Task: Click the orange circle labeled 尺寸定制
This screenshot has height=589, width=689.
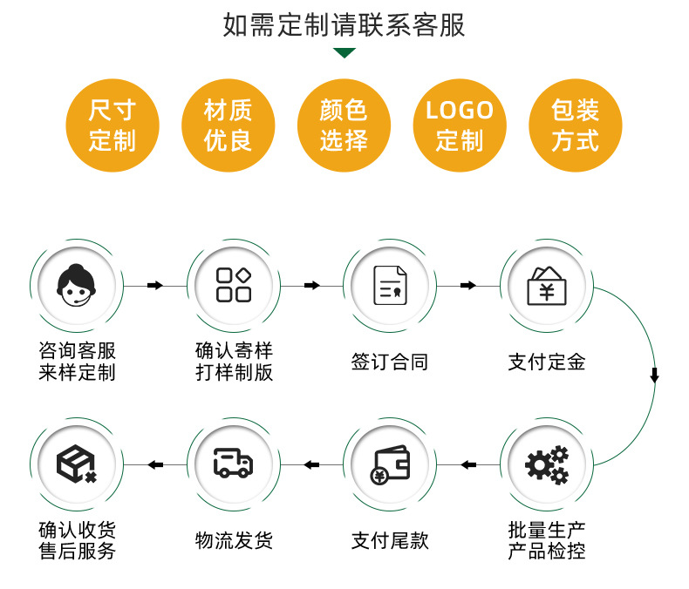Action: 113,125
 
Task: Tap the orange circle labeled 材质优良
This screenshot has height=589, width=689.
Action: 228,125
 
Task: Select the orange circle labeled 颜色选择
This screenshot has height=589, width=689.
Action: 344,125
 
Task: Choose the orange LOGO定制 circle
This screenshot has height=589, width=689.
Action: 460,125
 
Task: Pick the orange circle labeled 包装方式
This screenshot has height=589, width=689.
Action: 576,125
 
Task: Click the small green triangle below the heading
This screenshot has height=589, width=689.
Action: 344,54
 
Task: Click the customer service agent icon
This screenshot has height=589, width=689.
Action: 77,285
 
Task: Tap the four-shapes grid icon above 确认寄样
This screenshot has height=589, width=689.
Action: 234,285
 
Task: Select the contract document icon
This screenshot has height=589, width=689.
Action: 390,285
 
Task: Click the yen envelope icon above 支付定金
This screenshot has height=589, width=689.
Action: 547,285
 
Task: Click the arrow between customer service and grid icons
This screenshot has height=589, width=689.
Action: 155,285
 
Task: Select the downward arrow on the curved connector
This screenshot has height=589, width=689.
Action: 654,376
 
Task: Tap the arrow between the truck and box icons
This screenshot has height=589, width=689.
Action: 155,464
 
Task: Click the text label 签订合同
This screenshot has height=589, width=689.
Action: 390,362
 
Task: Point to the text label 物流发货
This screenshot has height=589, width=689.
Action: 234,541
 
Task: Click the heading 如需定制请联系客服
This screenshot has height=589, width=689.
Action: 344,25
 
